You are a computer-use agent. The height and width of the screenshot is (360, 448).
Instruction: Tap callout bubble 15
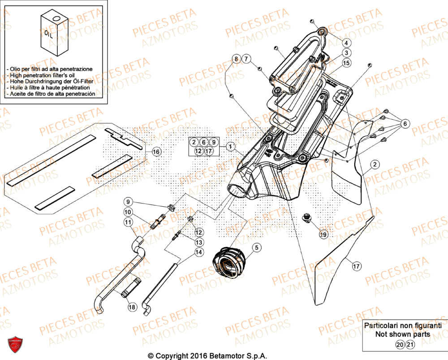346,64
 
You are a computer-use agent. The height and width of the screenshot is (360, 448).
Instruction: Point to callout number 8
236,59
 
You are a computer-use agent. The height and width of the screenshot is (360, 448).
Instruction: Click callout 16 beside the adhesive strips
155,152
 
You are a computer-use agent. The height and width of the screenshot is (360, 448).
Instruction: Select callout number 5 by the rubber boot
256,247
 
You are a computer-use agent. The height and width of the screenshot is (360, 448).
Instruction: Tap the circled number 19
323,234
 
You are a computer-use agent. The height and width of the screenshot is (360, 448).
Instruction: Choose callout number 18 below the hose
132,307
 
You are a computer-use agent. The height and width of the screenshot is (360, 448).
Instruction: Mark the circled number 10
128,212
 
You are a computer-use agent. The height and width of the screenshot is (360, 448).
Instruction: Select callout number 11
128,222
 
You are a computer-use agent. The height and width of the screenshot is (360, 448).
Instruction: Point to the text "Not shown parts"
403,334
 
